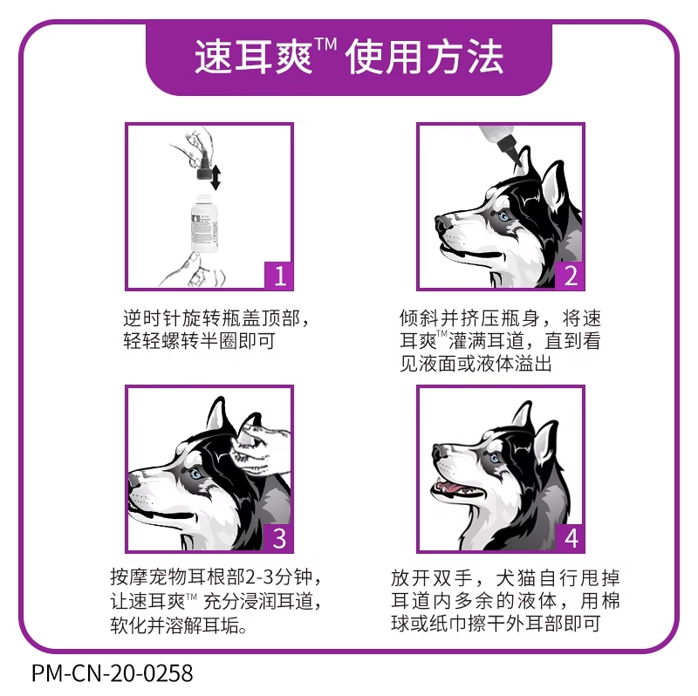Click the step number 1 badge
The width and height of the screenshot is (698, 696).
[278, 276]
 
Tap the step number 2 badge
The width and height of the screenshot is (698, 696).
[570, 276]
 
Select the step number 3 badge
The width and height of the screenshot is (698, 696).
[278, 538]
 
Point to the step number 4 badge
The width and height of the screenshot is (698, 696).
[570, 538]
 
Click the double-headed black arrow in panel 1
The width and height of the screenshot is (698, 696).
[216, 177]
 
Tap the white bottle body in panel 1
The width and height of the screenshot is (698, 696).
[204, 224]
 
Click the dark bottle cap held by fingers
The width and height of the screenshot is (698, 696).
[203, 168]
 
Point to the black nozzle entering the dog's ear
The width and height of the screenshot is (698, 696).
[510, 150]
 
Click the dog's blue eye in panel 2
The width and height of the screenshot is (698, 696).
[504, 216]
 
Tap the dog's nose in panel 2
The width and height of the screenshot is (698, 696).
[441, 222]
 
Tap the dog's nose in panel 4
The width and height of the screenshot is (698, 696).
[440, 451]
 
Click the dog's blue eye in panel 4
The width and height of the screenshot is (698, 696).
[495, 458]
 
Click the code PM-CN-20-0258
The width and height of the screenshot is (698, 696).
[113, 672]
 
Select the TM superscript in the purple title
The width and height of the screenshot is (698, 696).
[325, 44]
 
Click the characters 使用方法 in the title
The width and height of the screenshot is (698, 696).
[424, 57]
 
